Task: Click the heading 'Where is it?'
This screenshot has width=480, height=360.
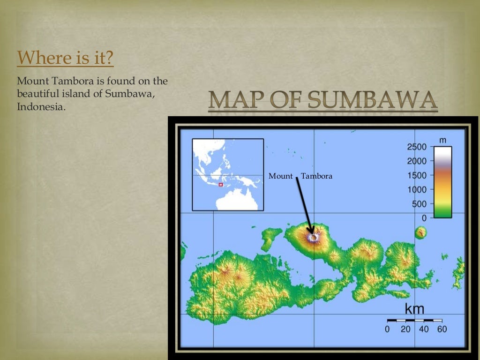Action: (65, 59)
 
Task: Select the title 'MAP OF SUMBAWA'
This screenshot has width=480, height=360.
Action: (323, 100)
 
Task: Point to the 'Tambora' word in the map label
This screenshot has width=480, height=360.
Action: (316, 176)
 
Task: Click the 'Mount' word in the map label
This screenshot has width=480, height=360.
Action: (280, 176)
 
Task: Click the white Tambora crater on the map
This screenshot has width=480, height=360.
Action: (314, 238)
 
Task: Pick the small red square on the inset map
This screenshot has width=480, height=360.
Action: (221, 185)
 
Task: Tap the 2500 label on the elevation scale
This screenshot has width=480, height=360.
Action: (417, 147)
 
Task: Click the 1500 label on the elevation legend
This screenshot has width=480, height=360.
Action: (417, 175)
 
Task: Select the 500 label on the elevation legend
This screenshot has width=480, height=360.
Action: (419, 204)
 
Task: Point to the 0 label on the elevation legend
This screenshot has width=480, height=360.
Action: (424, 218)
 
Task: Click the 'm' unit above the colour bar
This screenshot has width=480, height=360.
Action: (442, 140)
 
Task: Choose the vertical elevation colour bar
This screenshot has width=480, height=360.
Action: (442, 182)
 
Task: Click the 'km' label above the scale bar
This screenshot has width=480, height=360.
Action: (414, 309)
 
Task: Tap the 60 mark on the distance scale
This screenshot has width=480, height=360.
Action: (442, 329)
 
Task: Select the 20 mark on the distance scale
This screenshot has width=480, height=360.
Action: (405, 329)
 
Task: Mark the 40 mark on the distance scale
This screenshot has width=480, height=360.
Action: (424, 329)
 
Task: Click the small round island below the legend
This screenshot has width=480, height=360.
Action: (421, 232)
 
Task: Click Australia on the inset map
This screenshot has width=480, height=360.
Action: (237, 200)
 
